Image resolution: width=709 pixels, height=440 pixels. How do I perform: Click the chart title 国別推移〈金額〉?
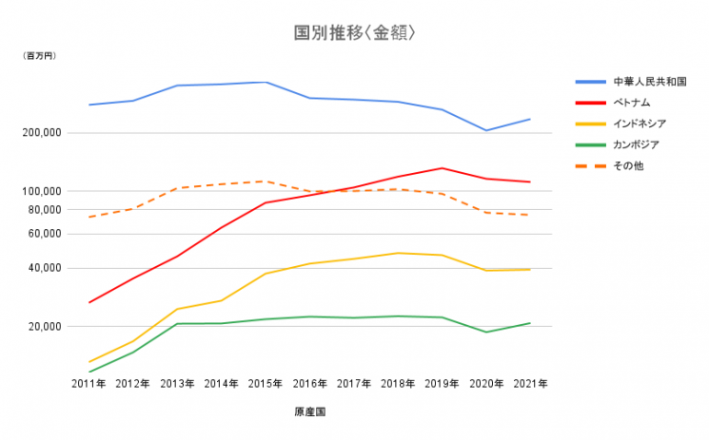pos(354,33)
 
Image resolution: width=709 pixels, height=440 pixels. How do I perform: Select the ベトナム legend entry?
pos(631,103)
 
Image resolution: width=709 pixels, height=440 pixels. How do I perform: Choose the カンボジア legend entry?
pos(636,144)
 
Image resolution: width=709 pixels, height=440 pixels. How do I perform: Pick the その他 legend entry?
pos(627,165)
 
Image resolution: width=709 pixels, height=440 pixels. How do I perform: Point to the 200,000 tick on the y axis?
pos(41,133)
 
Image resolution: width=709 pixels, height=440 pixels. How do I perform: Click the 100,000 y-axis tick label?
pos(41,191)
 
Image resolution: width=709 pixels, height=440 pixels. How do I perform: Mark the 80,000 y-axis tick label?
pos(44,210)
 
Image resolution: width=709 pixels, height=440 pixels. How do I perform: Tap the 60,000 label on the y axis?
pos(44,234)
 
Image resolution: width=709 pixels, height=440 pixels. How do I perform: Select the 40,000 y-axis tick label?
pos(44,268)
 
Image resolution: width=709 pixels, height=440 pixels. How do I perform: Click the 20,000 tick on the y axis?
pos(44,327)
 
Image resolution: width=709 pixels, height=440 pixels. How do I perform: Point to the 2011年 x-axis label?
pos(89,384)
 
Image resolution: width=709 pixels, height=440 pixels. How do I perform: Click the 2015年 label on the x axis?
pos(266,384)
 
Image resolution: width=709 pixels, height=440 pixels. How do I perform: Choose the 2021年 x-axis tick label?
pos(530,384)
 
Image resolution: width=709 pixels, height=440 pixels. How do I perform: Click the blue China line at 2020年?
pos(486,130)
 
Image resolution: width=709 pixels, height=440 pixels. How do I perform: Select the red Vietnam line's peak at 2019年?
pos(442,168)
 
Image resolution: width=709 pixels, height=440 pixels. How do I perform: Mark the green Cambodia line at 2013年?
pos(177,324)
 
